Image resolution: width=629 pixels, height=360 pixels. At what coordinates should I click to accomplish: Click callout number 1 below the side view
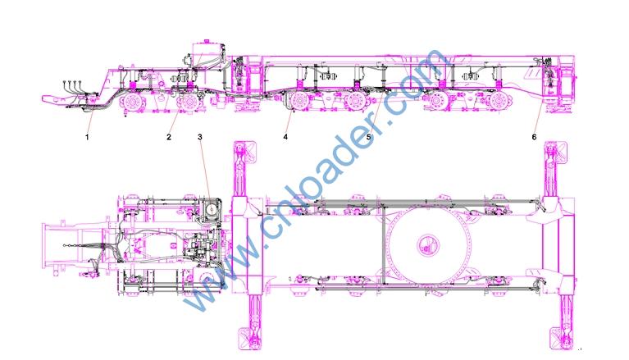click(x=87, y=137)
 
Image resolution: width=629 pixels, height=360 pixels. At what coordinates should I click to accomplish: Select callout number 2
click(x=169, y=137)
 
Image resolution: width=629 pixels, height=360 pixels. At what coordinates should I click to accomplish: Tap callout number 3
click(x=200, y=137)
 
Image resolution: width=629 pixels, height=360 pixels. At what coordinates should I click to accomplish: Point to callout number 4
click(x=285, y=137)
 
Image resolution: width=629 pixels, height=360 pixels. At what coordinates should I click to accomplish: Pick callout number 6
click(x=535, y=137)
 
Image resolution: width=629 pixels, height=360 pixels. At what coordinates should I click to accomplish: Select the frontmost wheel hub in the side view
click(x=131, y=103)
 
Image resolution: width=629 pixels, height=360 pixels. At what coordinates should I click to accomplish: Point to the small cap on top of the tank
click(x=207, y=40)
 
